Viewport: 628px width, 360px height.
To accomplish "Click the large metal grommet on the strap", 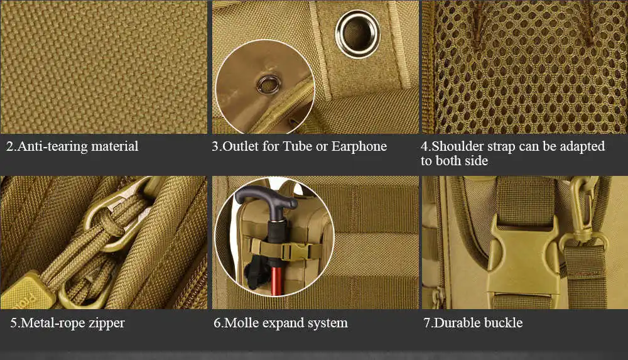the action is pos(358,34).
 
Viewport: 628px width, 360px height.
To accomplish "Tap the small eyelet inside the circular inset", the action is pos(269,85).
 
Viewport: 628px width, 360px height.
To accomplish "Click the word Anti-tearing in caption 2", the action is pos(53,146).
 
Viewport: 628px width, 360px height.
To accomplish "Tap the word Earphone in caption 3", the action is pos(359,146).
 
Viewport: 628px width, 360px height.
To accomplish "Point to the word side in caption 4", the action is pos(476,161).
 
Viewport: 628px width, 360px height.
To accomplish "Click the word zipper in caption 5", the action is pos(107,324).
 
